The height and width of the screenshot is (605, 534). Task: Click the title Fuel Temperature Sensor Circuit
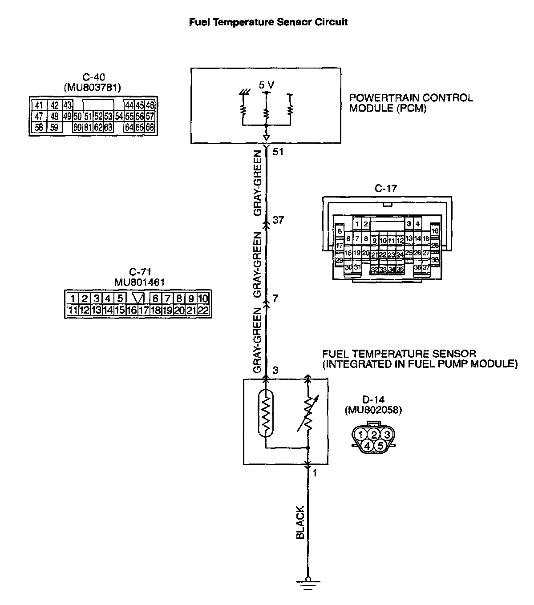click(268, 22)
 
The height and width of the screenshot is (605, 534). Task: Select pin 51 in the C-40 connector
click(88, 117)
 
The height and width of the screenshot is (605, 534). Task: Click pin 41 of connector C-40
click(39, 105)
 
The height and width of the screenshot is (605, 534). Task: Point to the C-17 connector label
click(385, 189)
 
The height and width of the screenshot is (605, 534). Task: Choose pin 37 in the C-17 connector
click(426, 267)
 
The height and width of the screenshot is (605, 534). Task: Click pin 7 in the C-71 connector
click(167, 298)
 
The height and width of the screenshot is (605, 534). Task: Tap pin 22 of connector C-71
click(203, 310)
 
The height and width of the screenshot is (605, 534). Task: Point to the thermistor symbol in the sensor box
click(266, 413)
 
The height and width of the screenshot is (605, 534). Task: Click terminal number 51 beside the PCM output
click(278, 152)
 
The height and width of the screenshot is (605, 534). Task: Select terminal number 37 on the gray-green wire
click(278, 220)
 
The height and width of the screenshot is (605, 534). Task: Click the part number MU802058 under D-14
click(373, 411)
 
